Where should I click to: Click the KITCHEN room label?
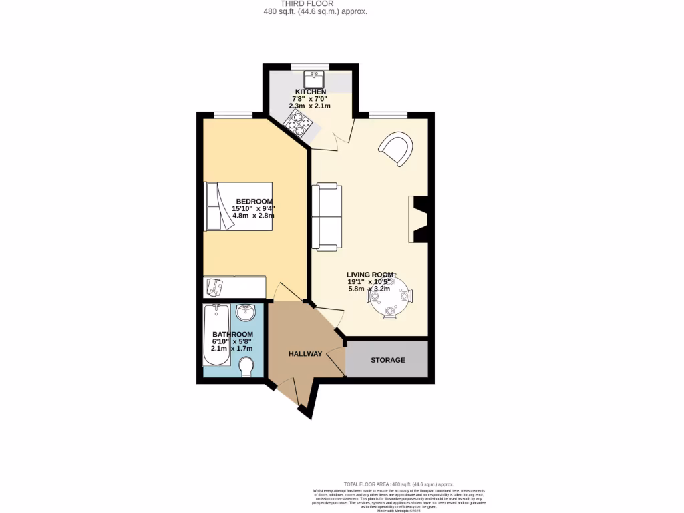311,92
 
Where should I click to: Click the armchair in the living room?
396,149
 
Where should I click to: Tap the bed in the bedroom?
238,206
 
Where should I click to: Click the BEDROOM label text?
254,202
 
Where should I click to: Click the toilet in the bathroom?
246,365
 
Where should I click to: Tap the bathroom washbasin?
246,312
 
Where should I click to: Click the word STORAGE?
388,360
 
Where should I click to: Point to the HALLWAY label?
305,354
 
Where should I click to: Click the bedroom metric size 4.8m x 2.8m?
253,216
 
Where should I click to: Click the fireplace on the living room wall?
417,220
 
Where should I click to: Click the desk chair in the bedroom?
214,287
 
